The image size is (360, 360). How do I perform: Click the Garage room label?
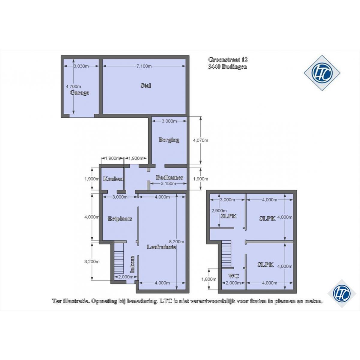pos(79,93)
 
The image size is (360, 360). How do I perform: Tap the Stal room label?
pos(146,85)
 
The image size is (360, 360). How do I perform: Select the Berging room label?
pos(169,140)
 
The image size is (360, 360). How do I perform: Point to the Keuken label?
pos(113,178)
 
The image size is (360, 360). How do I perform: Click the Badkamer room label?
pos(169,177)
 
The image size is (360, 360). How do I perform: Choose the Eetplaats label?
pos(120,219)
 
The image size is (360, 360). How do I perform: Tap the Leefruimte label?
pos(162,247)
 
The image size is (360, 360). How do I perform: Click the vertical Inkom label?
pos(133,264)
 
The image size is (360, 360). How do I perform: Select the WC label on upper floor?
pos(234,276)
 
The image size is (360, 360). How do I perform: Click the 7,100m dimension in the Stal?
pos(144,66)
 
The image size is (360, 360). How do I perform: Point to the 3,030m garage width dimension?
pos(81,66)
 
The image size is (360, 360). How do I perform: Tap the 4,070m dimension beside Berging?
pos(200,140)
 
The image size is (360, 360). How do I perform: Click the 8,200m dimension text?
pos(176,241)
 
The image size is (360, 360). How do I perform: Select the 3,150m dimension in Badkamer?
pos(168,184)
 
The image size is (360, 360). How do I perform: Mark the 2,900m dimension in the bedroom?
pos(219,211)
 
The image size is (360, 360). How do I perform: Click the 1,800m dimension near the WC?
pos(209,279)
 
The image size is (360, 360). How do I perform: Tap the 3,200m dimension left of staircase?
pos(92,262)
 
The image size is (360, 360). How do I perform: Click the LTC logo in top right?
pos(322,73)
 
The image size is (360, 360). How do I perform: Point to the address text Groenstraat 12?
pos(228,60)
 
